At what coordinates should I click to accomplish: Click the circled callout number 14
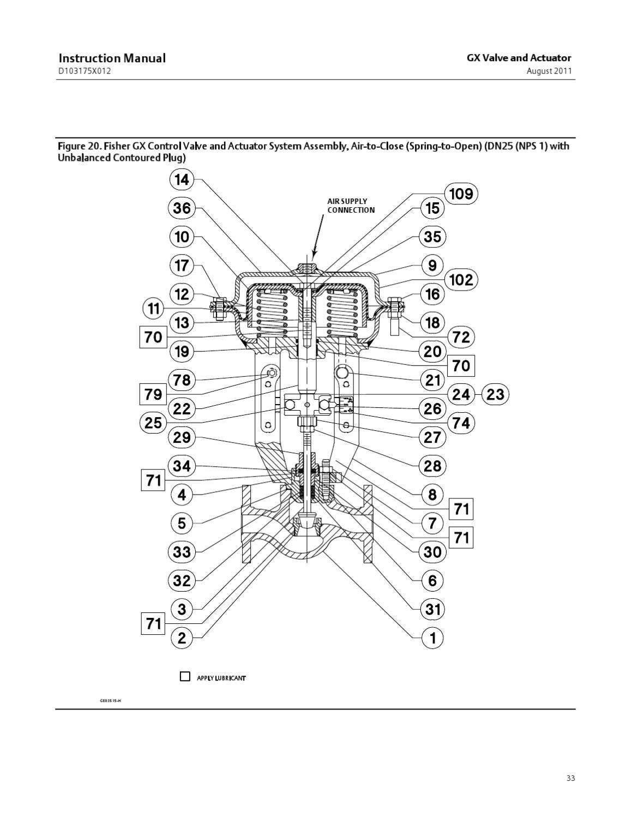(182, 179)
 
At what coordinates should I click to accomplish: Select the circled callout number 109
(461, 194)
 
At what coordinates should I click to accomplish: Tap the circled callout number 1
(432, 637)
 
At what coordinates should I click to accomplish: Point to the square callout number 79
(153, 394)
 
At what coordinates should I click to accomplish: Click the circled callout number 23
(495, 394)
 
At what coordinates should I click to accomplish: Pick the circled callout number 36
(182, 208)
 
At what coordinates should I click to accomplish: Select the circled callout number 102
(461, 280)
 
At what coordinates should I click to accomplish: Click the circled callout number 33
(182, 552)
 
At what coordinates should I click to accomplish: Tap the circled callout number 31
(432, 609)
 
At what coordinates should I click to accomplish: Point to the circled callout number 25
(153, 423)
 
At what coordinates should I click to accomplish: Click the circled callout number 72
(461, 337)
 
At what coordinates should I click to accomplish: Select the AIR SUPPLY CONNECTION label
(351, 206)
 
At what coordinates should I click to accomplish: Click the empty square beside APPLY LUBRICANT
(185, 677)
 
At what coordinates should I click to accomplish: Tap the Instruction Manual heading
(112, 58)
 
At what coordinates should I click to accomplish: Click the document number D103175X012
(85, 71)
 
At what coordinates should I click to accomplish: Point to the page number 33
(570, 778)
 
